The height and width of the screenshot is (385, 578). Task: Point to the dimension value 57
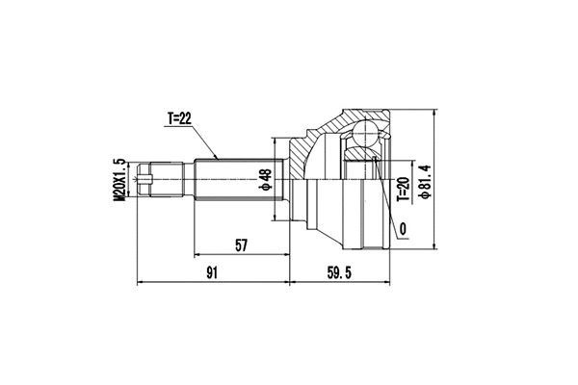click(x=241, y=246)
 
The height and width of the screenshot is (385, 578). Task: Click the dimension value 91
click(x=213, y=274)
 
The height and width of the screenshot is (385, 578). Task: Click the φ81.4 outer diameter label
click(x=421, y=177)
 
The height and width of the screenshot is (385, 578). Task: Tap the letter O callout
click(x=402, y=228)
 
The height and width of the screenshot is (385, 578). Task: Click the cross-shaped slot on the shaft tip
click(x=147, y=178)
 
